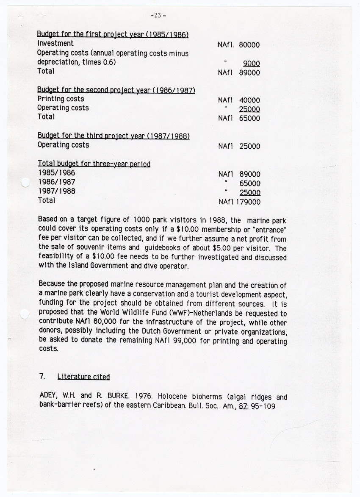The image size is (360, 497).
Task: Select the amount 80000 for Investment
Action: coord(249,45)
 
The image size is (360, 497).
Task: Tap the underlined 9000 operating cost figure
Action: coord(251,64)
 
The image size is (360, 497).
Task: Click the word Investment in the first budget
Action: coord(55,43)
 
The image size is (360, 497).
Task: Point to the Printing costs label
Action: coord(61,99)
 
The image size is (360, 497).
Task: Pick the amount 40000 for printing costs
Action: coord(249,100)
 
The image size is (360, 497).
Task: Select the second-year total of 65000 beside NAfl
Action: coord(249,119)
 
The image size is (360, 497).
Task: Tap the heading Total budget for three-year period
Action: coord(94,164)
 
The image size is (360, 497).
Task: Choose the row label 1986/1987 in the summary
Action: coord(57,182)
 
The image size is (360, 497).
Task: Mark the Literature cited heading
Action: coord(83,376)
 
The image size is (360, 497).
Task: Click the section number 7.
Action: coord(42,376)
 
